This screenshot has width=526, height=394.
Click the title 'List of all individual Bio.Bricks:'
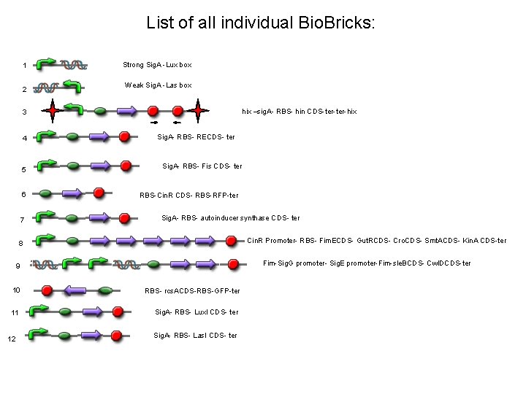(x=261, y=23)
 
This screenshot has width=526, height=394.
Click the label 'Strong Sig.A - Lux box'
(x=157, y=65)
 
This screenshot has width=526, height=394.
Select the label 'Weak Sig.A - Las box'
(x=158, y=85)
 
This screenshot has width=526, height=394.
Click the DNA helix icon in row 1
(x=74, y=64)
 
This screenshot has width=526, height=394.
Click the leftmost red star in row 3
(x=52, y=112)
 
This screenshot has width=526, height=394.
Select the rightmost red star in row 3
(x=198, y=112)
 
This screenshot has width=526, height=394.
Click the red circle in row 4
(x=125, y=136)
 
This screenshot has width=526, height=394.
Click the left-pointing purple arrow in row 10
(x=77, y=290)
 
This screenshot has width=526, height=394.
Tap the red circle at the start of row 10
(x=47, y=290)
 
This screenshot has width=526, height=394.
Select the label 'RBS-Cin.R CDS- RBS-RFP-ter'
(x=188, y=196)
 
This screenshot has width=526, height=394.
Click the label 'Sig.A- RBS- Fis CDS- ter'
(x=202, y=166)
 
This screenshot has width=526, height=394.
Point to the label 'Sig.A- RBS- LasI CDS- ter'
(x=195, y=336)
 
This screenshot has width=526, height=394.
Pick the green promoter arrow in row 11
(x=41, y=310)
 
